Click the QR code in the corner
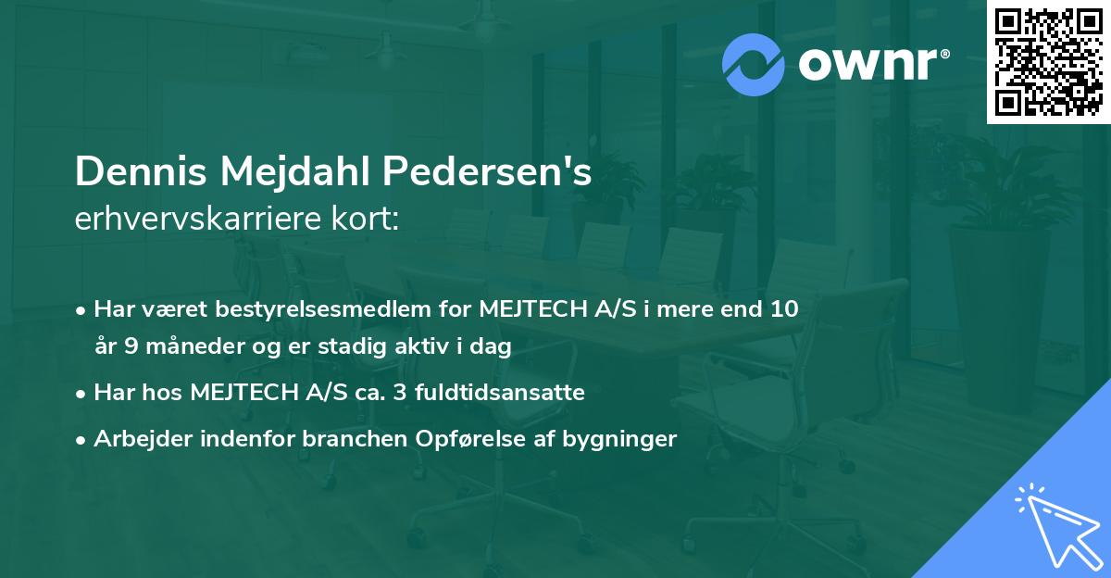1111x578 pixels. (x=1048, y=62)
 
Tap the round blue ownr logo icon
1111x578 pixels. (x=754, y=65)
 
